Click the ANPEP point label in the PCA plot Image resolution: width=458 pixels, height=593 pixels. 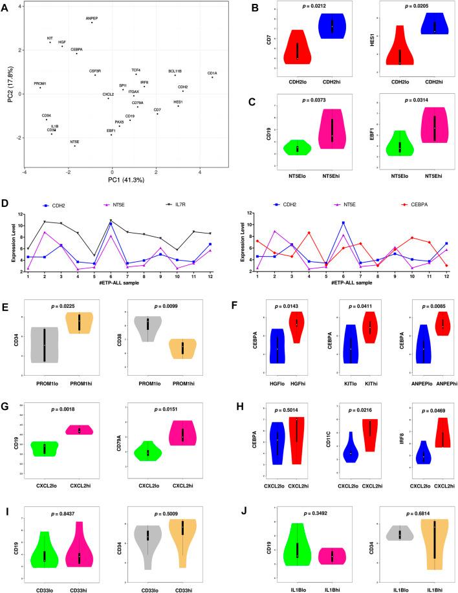click(x=92, y=19)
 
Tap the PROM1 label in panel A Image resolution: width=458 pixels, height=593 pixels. click(x=41, y=83)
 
